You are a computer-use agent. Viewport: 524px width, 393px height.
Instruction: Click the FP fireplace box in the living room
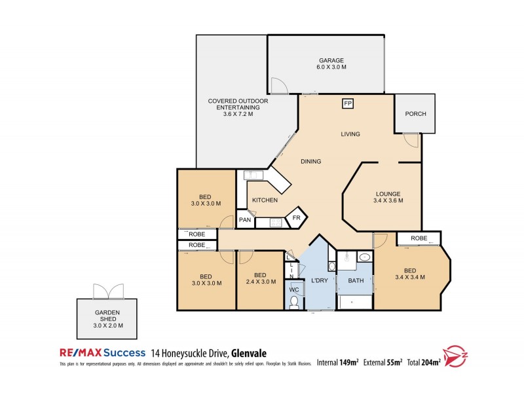(348, 103)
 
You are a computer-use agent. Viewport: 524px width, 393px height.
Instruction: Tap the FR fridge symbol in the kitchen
(296, 217)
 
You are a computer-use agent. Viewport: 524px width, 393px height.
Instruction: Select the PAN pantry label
(245, 220)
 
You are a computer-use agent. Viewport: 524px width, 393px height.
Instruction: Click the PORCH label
(415, 114)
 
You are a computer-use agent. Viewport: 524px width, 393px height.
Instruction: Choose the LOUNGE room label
(388, 197)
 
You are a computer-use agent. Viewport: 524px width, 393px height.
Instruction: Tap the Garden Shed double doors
(108, 291)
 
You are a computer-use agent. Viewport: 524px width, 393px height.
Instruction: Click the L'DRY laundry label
(319, 281)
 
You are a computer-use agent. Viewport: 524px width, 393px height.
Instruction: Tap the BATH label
(356, 281)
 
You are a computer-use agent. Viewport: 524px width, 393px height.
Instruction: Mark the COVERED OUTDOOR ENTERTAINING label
(238, 107)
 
